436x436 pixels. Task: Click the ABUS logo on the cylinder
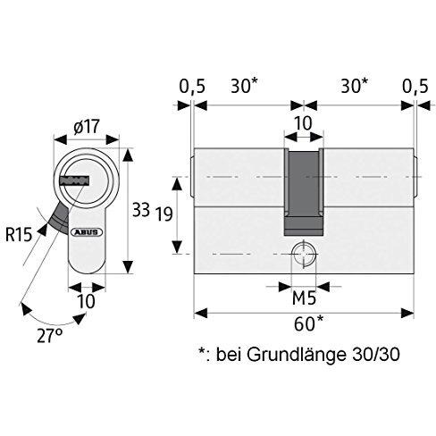point(87,232)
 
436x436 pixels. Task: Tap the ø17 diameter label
point(87,127)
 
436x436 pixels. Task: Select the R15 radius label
point(19,234)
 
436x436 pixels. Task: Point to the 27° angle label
point(50,335)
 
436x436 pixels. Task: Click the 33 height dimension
point(141,210)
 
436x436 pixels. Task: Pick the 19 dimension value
point(164,214)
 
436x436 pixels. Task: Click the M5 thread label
point(304,298)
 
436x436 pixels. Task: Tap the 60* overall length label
point(308,323)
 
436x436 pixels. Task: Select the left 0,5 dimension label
point(192,86)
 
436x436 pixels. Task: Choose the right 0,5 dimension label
point(415,86)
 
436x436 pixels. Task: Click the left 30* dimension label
point(244,86)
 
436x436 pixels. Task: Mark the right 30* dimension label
point(355,86)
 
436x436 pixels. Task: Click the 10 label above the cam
point(304,123)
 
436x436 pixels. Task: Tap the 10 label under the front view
point(86,301)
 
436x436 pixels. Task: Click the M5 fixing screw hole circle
point(304,254)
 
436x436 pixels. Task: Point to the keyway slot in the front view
point(75,181)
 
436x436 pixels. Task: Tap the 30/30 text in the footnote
point(375,355)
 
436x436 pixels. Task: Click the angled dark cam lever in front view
point(60,216)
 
